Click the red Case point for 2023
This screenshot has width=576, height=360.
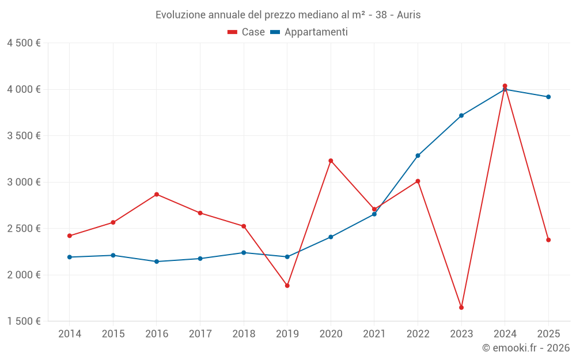coord(461,308)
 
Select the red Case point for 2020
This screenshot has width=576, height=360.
coord(331,161)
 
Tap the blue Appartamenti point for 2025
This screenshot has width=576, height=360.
coord(548,97)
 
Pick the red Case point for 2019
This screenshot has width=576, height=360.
coord(287,286)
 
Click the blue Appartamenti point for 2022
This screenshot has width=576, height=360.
coord(418,156)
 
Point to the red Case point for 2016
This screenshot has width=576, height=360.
coord(157,194)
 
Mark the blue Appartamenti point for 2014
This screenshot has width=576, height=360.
coord(69,257)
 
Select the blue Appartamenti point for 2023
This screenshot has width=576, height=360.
coord(461,116)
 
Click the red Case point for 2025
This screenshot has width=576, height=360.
coord(548,240)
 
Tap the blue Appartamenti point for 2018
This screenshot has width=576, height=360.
coord(244,252)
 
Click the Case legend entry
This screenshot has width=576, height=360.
coord(247,32)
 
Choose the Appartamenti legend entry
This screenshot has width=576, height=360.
coord(309,32)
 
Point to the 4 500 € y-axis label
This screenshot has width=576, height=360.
coord(24,43)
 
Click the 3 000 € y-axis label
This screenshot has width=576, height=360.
coord(24,182)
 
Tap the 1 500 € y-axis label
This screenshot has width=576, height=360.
coord(24,321)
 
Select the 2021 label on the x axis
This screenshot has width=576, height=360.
coord(374,334)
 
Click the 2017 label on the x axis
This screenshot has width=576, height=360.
coord(200,334)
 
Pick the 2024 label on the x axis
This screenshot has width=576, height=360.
coord(505,334)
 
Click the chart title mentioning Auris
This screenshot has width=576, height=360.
coord(288,15)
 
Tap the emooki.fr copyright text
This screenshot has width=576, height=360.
coord(526,348)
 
